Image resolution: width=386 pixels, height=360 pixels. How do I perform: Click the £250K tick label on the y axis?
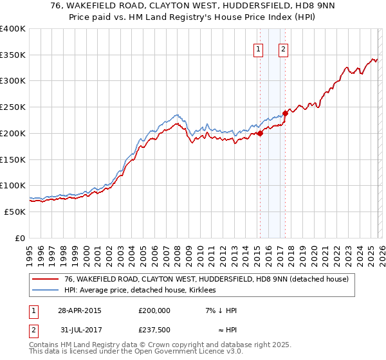point(13,107)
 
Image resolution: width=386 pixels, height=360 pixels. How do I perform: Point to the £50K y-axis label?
point(15,212)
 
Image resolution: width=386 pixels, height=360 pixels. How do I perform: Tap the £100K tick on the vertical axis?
point(13,185)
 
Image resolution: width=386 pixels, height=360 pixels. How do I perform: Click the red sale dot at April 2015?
point(261,134)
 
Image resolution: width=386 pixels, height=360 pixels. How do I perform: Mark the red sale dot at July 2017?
point(286,114)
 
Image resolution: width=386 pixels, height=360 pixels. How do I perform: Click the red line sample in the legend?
point(45,280)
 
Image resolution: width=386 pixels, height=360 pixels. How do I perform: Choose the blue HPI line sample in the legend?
point(45,291)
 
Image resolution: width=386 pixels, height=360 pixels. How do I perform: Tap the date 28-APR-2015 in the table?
point(79,310)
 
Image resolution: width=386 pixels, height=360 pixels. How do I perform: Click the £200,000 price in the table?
point(154,310)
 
